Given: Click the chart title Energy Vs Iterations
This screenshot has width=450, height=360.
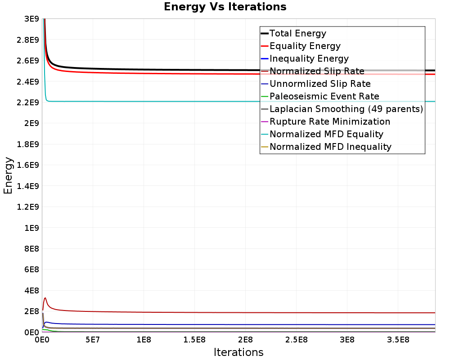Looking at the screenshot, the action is tap(225, 7).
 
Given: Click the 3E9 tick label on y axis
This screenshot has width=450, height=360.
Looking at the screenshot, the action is tap(31, 19).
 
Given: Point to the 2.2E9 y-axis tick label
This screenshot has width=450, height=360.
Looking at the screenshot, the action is tap(27, 103).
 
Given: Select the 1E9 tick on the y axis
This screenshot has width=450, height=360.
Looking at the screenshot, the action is tap(31, 228).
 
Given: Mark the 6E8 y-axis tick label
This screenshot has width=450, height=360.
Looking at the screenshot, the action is tap(31, 270).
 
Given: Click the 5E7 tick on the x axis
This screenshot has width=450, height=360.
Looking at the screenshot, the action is tap(92, 340).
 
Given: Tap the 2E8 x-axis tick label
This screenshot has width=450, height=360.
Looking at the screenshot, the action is tap(245, 340).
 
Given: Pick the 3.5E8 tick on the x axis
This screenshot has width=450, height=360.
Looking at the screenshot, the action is tap(398, 340).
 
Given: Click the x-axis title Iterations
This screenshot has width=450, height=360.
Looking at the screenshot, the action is tap(238, 352).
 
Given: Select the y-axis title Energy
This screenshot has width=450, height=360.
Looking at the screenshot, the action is tap(8, 175).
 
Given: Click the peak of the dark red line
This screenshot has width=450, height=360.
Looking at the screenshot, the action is tap(45, 298).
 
